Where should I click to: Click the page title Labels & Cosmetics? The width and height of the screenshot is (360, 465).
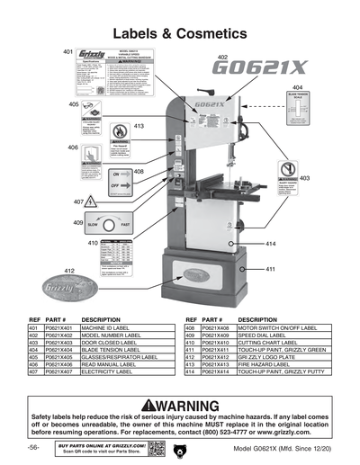[x=179, y=33]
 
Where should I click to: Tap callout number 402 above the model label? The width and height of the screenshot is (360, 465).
[x=222, y=57]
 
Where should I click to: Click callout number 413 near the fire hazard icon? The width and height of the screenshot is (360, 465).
[x=139, y=127]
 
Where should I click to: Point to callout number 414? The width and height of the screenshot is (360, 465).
[x=271, y=244]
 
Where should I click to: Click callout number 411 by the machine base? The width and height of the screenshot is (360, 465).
[x=270, y=269]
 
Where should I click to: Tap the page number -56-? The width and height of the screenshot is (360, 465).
[x=32, y=448]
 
